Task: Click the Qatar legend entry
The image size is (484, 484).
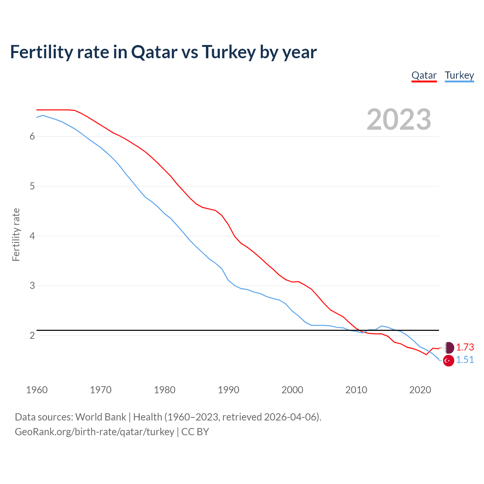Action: [424, 76]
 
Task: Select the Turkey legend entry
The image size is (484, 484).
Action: [459, 76]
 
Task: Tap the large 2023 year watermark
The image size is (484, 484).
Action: [399, 119]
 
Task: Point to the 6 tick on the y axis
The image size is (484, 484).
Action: [32, 137]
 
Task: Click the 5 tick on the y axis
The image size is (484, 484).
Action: [32, 186]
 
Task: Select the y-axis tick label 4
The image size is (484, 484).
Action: [32, 236]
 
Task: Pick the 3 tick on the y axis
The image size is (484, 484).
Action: [32, 286]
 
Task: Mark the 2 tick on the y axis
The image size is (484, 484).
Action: [32, 336]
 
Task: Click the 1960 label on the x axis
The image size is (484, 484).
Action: [37, 390]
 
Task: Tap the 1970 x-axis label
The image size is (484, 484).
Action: [101, 390]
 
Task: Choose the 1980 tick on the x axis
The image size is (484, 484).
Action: [164, 390]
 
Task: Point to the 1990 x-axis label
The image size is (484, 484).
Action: [228, 390]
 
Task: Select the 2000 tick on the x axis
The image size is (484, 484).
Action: [292, 390]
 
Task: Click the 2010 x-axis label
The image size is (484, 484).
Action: [356, 390]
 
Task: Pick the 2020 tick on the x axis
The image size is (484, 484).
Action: [420, 390]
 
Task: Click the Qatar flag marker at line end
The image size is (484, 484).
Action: [448, 347]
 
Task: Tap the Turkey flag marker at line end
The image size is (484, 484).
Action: [448, 361]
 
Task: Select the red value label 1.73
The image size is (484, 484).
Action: [465, 347]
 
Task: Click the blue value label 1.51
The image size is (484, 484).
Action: [465, 360]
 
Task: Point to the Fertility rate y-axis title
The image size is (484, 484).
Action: [16, 235]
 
